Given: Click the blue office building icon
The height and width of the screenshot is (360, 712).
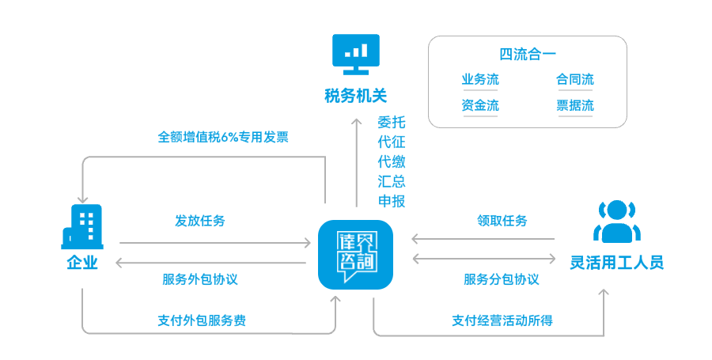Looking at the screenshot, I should point(82,226).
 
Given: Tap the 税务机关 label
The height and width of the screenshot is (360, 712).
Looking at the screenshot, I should point(355,97).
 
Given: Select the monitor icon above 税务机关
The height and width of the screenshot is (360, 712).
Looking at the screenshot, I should point(355,54).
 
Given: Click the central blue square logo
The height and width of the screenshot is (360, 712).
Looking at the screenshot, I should point(355,255).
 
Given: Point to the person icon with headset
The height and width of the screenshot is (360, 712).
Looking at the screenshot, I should point(616,222).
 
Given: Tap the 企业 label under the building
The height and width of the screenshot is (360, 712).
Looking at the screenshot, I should point(82,263).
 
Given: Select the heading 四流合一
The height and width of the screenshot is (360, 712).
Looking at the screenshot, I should point(528,55).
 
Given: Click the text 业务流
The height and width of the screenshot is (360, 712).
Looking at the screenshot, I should point(480,80).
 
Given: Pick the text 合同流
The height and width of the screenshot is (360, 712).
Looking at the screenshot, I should point(575,80).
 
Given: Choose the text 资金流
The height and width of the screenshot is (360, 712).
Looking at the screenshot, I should point(480,105).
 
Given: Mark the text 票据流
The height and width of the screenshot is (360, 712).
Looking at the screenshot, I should point(575,105).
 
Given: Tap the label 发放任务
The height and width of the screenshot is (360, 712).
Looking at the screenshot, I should point(200,221).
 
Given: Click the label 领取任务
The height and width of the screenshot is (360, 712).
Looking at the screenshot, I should point(502,221).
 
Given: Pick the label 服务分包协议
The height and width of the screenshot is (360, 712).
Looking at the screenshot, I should point(502,279).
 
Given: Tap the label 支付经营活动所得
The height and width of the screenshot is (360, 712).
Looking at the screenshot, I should point(502,320).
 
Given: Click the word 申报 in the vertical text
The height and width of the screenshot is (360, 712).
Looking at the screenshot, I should point(392,201).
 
